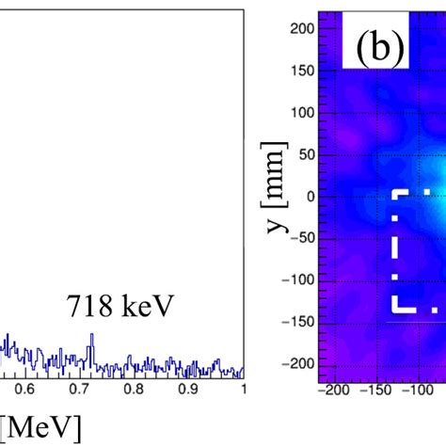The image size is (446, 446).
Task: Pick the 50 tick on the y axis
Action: [x=304, y=154]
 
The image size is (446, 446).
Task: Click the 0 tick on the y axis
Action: [x=308, y=196]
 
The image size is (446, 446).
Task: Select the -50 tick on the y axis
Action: [x=300, y=237]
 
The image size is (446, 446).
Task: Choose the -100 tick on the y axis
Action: [x=297, y=279]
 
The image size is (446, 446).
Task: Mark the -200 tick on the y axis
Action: [x=297, y=362]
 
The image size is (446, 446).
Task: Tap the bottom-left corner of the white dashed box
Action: [x=395, y=309]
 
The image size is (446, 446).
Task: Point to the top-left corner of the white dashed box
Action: [x=395, y=193]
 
